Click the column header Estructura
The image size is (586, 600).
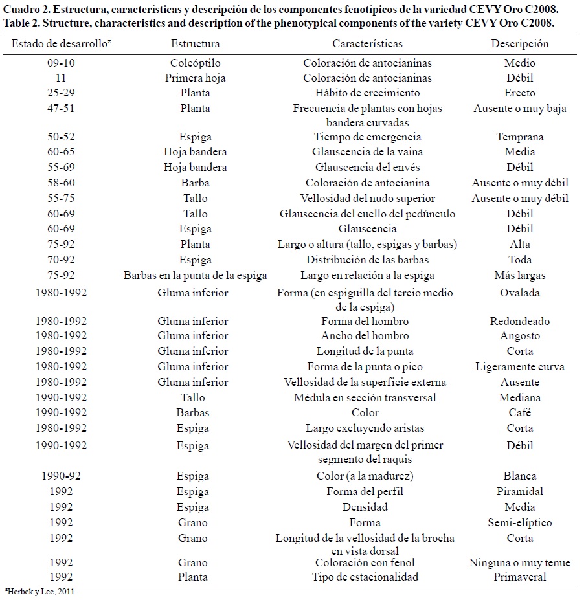[x=195, y=44]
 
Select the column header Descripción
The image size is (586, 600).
[x=519, y=44]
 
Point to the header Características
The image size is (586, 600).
[x=367, y=44]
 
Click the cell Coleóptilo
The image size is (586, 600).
[x=195, y=63]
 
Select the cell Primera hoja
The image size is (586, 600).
[x=195, y=78]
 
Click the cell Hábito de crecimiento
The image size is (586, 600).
[x=367, y=93]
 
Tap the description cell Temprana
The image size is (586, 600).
[x=519, y=137]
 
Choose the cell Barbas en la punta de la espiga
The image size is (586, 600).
[x=195, y=275]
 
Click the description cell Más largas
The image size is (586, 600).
[x=519, y=275]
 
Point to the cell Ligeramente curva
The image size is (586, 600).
[x=519, y=366]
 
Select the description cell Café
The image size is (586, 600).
[x=519, y=412]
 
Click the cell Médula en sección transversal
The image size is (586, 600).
[x=367, y=397]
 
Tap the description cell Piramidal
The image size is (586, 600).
[x=519, y=491]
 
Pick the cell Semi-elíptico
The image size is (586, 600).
[x=519, y=522]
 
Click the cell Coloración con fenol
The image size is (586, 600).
[x=367, y=562]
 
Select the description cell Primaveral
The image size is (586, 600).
[x=519, y=577]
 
